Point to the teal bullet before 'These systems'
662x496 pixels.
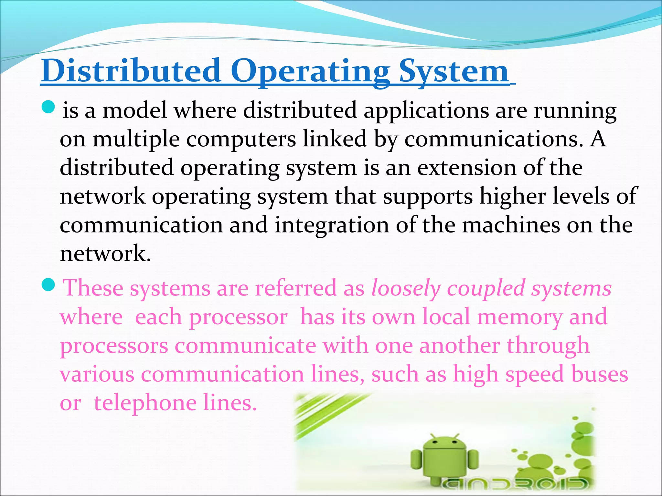pos(49,284)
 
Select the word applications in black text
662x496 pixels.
pos(426,111)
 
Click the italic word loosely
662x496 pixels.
pos(406,288)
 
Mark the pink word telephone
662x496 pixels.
pos(145,403)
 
